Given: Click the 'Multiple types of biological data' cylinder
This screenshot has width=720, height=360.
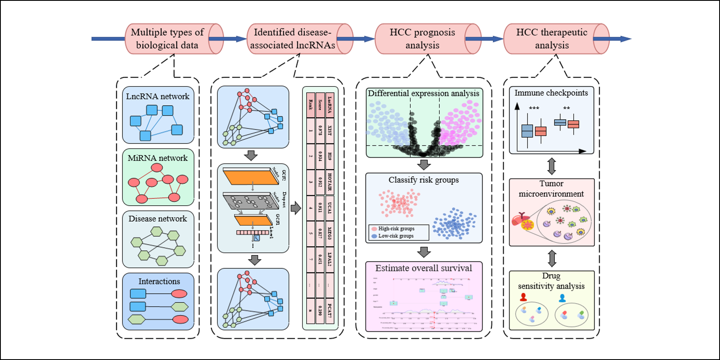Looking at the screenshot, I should point(167,39).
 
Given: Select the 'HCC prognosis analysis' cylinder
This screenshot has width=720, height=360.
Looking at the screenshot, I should point(422,39).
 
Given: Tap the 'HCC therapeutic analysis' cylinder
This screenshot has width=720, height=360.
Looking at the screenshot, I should point(552,39).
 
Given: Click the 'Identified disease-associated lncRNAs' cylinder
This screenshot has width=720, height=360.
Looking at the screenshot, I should point(293,39).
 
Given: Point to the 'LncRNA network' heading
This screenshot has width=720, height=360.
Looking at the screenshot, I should point(158,96).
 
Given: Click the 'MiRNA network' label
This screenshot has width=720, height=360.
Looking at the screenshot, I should point(158,158).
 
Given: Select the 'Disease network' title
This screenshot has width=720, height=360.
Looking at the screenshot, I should point(158,219).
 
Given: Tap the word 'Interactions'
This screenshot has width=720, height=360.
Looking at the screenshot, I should point(159,281).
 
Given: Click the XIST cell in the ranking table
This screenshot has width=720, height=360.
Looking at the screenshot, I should point(330,131).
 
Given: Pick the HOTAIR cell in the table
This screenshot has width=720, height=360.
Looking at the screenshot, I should point(330,182).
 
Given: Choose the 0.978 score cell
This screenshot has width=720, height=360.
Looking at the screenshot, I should point(320,131).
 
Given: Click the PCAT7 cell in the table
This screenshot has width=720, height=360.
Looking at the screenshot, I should point(330,311).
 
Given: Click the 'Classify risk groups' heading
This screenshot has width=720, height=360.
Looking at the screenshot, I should point(424,180).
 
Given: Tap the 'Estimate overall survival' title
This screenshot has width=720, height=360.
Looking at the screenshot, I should point(424,268).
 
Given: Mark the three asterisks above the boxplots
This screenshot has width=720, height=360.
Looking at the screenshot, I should point(534,109).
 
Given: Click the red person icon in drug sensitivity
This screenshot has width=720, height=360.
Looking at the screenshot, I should point(523,297).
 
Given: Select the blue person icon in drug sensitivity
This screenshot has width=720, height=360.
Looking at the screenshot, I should point(562,298).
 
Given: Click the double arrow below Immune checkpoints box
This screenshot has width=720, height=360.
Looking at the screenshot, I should point(552,166).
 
